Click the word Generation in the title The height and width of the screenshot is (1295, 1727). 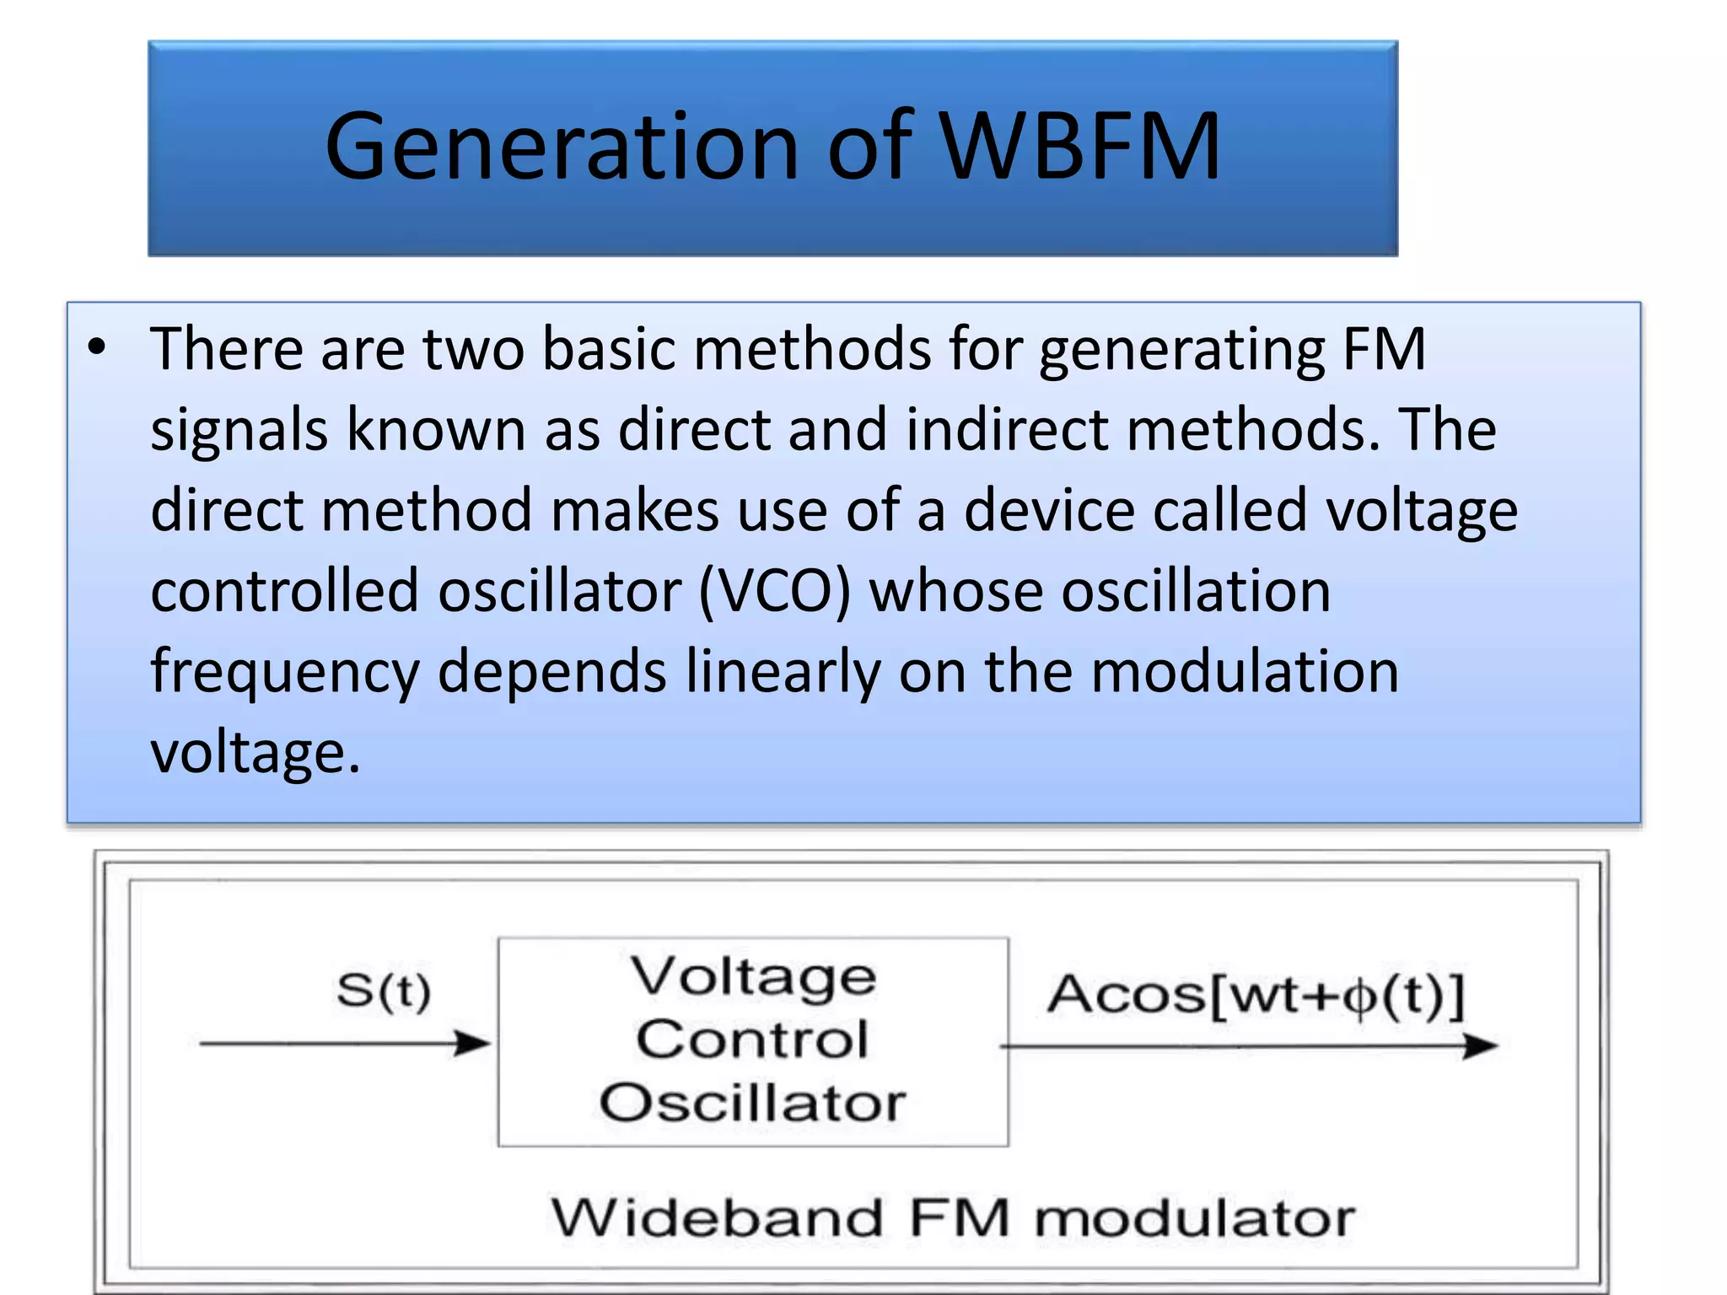562,148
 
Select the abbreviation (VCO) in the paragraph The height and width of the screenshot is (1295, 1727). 775,591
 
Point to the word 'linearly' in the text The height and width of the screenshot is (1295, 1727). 783,672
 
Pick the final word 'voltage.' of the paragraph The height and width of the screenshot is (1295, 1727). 256,752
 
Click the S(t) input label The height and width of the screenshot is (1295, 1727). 384,991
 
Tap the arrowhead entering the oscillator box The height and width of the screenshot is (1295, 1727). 474,1043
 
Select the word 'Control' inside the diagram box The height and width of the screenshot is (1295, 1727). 752,1039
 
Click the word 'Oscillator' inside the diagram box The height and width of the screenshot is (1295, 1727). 752,1102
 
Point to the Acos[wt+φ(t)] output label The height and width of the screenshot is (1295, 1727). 1256,995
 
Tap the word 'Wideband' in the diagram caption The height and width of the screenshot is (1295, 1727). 717,1218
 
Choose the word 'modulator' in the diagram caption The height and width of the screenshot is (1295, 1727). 1194,1218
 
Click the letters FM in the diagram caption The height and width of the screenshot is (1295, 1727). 960,1218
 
